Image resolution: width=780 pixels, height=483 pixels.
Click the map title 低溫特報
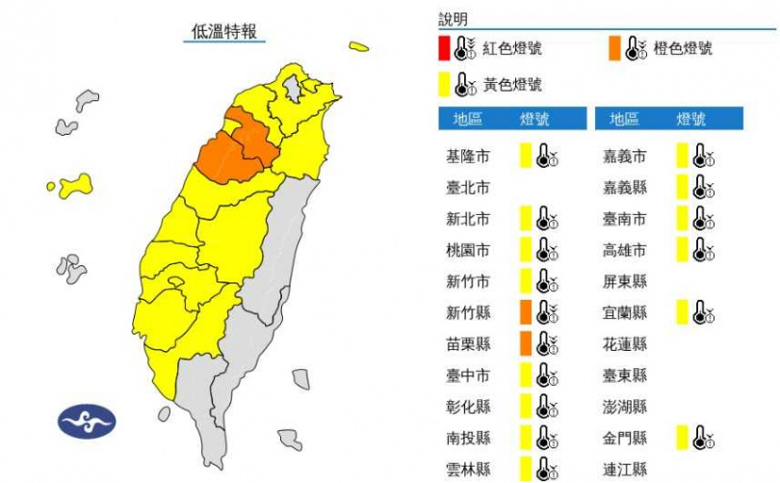(x=224, y=32)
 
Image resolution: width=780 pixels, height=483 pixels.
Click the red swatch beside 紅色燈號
(x=442, y=48)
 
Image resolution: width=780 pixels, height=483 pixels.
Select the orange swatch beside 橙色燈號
(x=613, y=48)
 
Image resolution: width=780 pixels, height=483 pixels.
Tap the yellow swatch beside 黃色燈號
(x=442, y=84)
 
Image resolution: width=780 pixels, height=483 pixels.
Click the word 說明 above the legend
(x=453, y=19)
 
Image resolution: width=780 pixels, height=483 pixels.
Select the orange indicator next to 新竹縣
(x=526, y=312)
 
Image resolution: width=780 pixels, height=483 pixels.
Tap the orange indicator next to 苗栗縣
(x=526, y=344)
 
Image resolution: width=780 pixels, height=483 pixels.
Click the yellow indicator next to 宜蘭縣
(x=682, y=312)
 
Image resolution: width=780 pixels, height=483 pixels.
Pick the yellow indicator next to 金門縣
(x=682, y=439)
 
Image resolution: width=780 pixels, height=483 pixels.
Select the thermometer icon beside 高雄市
(x=704, y=250)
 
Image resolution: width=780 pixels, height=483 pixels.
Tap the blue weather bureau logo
(x=87, y=420)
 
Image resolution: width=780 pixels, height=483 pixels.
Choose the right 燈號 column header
(x=690, y=120)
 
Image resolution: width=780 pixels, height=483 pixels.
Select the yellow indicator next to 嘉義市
(x=682, y=156)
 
